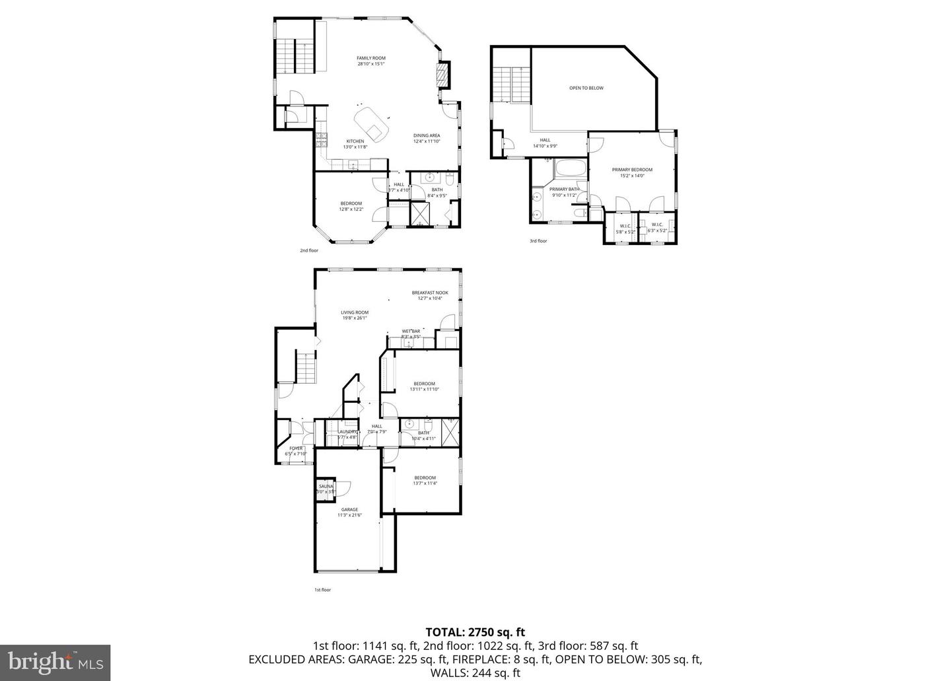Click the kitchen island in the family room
point(371,124)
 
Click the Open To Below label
point(586,88)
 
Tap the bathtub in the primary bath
point(570,169)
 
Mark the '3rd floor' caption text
point(538,241)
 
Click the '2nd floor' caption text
point(309,250)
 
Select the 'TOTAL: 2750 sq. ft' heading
point(475,632)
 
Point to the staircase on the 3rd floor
point(512,85)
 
